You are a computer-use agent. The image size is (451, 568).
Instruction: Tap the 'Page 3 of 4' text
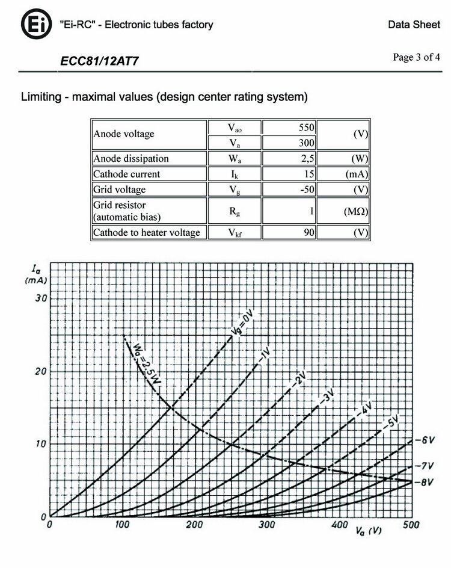pyautogui.click(x=416, y=58)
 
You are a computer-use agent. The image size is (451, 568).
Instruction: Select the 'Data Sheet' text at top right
pyautogui.click(x=414, y=25)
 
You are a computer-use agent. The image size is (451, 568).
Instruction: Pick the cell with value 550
pyautogui.click(x=289, y=128)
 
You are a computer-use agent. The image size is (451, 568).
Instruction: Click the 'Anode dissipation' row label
pyautogui.click(x=131, y=159)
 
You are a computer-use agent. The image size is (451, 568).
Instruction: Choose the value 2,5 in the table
pyautogui.click(x=289, y=159)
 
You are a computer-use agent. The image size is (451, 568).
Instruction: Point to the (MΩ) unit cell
pyautogui.click(x=344, y=212)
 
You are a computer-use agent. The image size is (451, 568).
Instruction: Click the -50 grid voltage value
pyautogui.click(x=289, y=190)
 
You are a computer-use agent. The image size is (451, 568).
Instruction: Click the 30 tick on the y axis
pyautogui.click(x=40, y=298)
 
